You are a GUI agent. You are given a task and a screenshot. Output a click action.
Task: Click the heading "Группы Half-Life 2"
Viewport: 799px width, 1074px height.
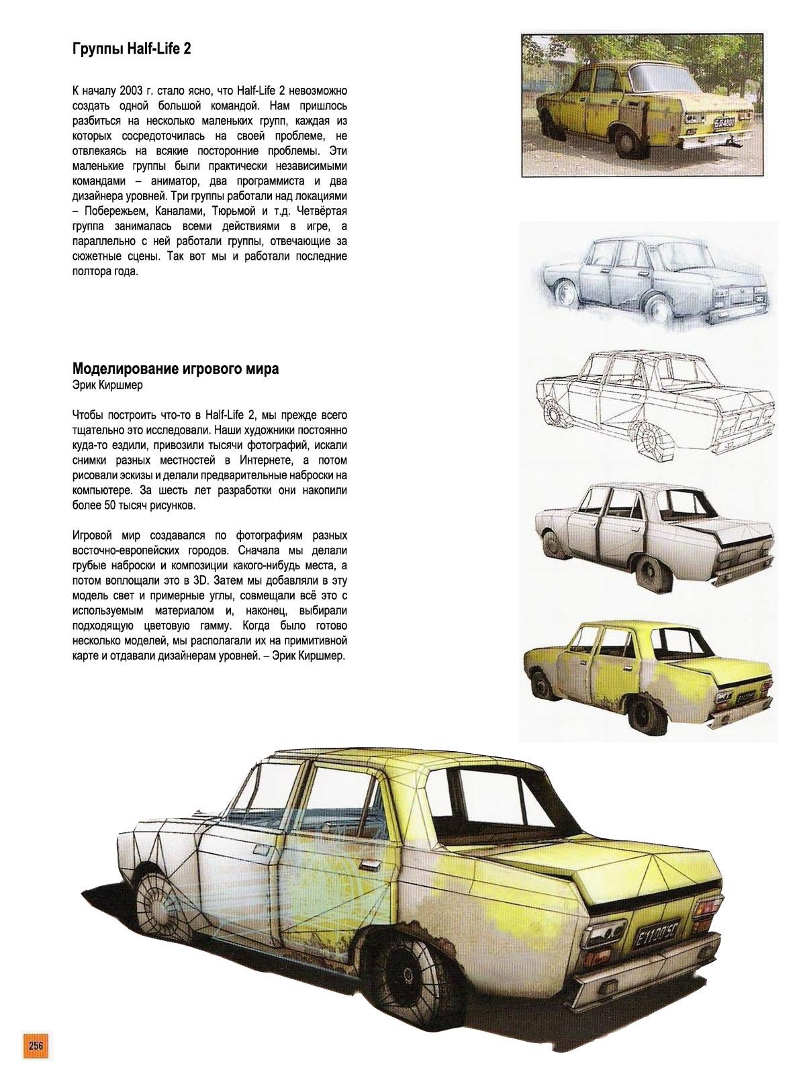tap(131, 49)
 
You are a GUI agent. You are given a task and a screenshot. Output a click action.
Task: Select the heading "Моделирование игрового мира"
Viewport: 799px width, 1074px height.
tap(175, 369)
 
